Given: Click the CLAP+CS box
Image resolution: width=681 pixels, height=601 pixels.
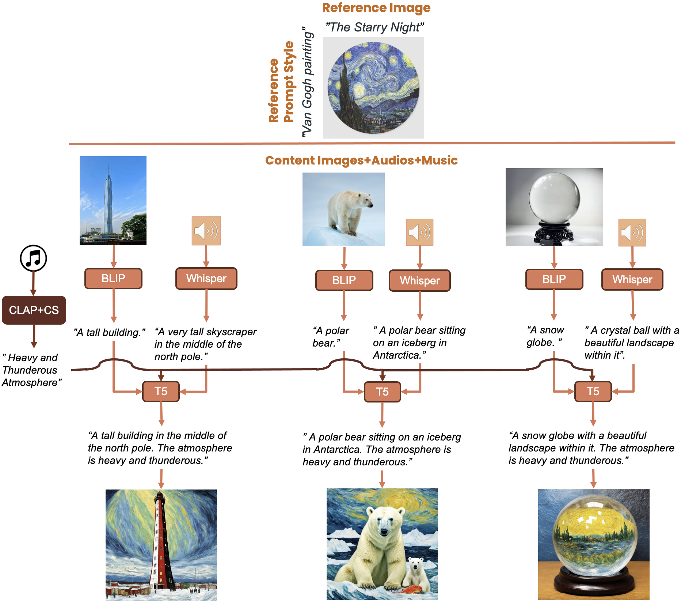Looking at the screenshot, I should [34, 310].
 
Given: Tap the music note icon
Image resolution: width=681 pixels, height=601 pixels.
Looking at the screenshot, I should [33, 258].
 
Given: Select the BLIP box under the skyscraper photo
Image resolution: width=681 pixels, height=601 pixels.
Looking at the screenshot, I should [113, 279].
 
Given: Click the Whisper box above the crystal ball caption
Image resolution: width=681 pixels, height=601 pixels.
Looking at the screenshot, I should [632, 280].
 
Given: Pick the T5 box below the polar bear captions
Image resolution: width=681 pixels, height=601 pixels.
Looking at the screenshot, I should [382, 392].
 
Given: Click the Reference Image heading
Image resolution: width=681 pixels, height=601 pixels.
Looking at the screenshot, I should [376, 8].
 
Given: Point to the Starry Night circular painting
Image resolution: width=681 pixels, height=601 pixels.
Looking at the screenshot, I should [373, 88].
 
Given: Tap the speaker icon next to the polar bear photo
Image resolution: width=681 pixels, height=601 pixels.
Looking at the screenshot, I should [420, 232].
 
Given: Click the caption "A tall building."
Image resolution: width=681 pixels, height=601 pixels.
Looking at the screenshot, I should [109, 332].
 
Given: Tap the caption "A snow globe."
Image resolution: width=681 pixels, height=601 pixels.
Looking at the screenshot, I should [545, 336].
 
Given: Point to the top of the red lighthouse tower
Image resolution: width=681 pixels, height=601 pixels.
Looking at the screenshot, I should [159, 497].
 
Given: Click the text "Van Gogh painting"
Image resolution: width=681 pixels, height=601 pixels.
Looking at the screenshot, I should [307, 82].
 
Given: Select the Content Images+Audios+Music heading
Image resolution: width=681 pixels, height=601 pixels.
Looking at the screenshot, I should [361, 160].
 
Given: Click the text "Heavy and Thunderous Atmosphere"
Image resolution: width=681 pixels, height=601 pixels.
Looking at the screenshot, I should [31, 370].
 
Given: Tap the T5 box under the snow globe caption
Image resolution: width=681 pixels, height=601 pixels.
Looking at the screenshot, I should [593, 392].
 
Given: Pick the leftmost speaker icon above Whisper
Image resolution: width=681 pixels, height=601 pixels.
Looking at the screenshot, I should [206, 231].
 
